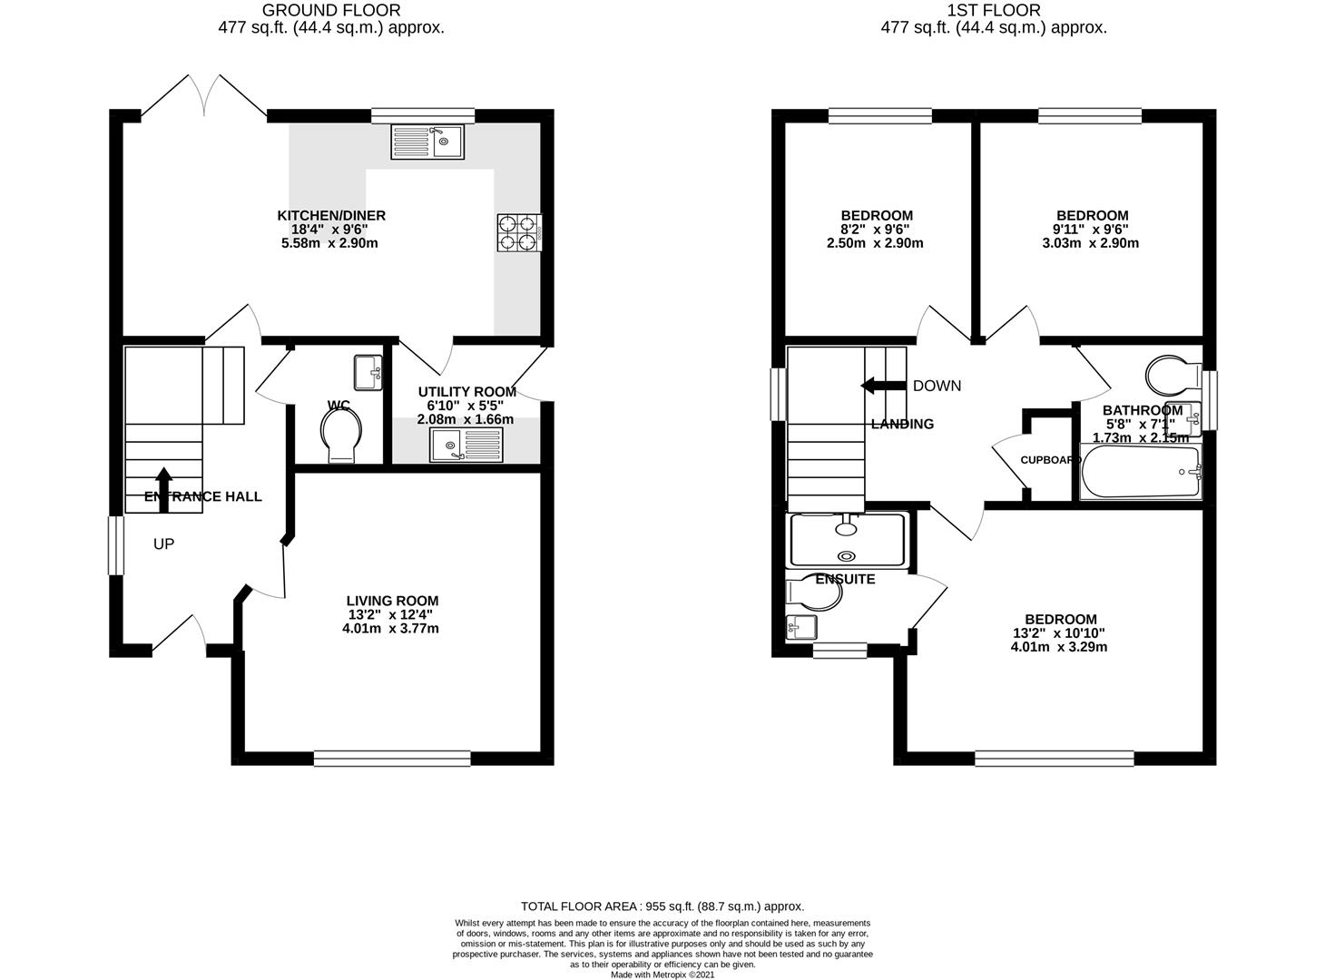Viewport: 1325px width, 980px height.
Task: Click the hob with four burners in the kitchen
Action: pos(518,231)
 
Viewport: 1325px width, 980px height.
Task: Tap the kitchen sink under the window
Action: pos(427,141)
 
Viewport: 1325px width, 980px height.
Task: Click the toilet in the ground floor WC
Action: pos(341,434)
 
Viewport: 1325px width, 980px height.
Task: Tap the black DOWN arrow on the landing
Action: pos(877,386)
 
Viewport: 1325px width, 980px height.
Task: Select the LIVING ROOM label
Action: pos(392,601)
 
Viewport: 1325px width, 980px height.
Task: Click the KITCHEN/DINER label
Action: pos(331,216)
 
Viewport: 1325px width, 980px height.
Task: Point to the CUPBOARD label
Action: pos(1050,460)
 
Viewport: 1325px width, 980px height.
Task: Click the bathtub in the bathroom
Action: pos(1140,472)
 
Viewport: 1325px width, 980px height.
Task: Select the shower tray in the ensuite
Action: pos(848,540)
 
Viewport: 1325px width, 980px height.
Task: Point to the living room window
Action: pos(392,759)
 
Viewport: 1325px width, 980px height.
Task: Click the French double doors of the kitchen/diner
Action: pos(203,98)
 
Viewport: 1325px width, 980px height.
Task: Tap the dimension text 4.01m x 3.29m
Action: pos(1058,647)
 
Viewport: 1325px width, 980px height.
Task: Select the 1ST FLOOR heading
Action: pos(994,11)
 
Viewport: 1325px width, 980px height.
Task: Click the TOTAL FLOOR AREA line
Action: pos(662,906)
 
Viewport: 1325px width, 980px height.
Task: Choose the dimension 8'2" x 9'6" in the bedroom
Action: pos(876,230)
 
